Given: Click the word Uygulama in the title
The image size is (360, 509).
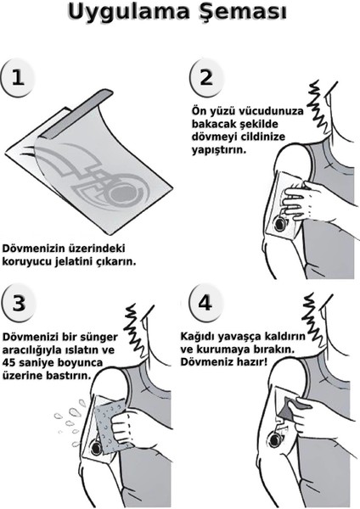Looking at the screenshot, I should (x=127, y=15).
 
